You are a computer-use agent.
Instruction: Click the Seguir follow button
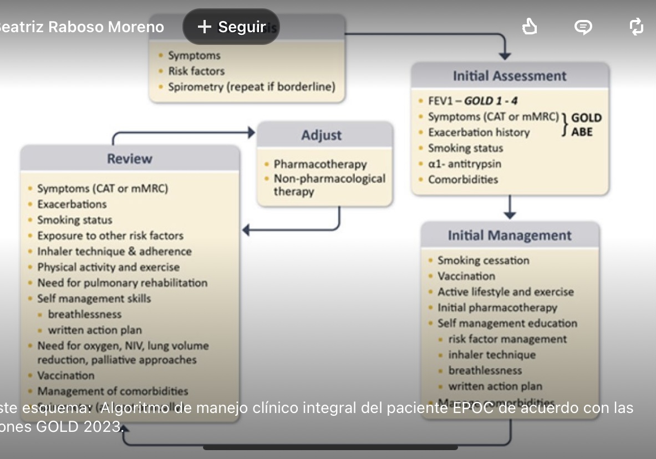[x=231, y=27]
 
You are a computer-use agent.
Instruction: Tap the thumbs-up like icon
[x=530, y=27]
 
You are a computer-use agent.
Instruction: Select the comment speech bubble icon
[x=583, y=27]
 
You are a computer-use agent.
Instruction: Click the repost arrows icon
[x=637, y=27]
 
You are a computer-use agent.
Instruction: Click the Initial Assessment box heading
[x=510, y=76]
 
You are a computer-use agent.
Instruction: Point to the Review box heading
[x=130, y=159]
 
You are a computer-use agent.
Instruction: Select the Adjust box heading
[x=321, y=135]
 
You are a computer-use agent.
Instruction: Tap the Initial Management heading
[x=510, y=236]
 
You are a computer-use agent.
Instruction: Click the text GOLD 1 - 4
[x=491, y=101]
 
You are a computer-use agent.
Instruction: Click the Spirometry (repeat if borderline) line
[x=252, y=87]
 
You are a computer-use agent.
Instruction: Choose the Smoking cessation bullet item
[x=483, y=261]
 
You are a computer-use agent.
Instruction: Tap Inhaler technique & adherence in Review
[x=114, y=251]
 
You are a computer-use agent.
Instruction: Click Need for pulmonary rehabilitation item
[x=122, y=283]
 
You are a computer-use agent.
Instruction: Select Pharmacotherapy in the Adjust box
[x=320, y=164]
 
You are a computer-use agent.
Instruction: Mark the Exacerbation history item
[x=479, y=132]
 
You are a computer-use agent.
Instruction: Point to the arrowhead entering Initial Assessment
[x=505, y=55]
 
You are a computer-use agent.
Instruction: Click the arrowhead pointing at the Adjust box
[x=251, y=132]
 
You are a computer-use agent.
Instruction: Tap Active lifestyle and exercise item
[x=505, y=292]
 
